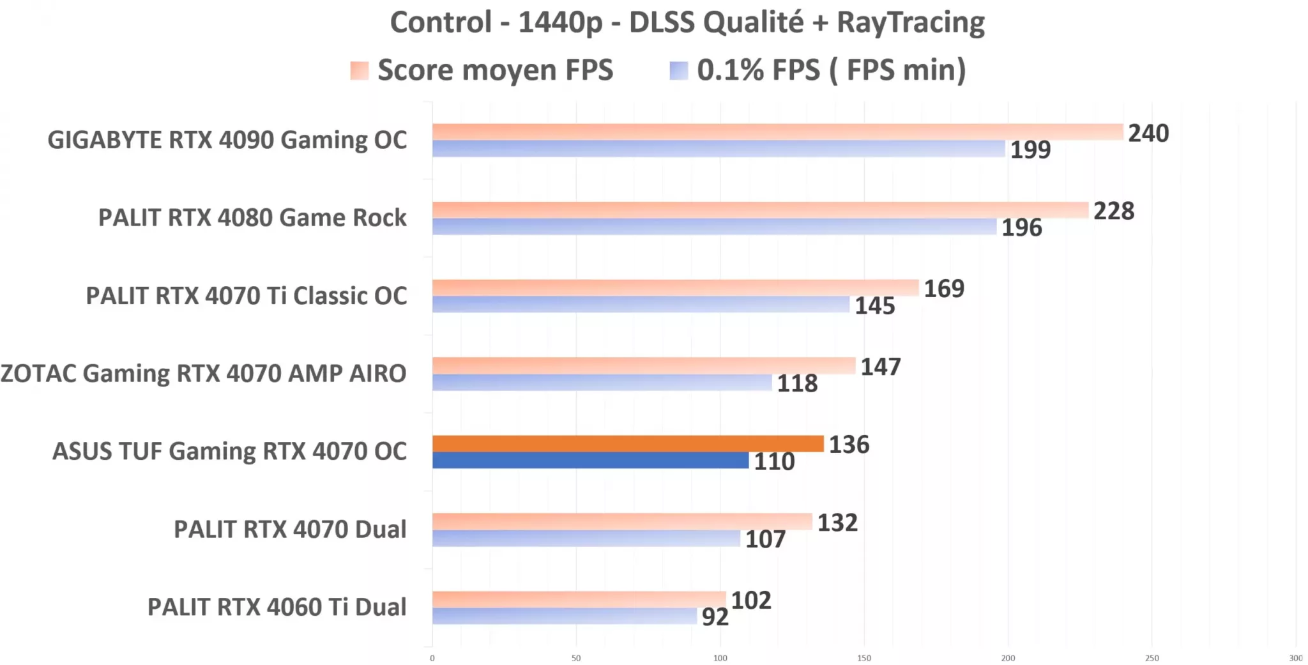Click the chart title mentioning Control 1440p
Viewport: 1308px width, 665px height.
(687, 22)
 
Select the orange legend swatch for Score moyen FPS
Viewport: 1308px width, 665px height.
(360, 70)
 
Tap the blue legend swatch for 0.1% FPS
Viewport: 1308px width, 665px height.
(678, 70)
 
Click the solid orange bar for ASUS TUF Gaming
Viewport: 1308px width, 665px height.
(628, 443)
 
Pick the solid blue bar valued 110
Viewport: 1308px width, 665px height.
(590, 461)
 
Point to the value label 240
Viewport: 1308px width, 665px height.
(1148, 133)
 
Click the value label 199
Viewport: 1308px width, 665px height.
(1030, 149)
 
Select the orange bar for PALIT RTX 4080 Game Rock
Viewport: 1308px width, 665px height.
(760, 210)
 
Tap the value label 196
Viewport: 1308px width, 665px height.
(1021, 227)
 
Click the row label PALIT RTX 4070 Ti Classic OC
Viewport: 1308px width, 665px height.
(246, 296)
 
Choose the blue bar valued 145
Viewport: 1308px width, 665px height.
(641, 305)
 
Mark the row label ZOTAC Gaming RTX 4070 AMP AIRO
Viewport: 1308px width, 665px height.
(203, 374)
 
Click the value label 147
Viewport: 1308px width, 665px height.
(880, 367)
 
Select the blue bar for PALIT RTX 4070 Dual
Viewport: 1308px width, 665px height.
(586, 539)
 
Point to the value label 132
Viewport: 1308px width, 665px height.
(837, 523)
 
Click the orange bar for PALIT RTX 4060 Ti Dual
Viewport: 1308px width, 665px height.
(579, 599)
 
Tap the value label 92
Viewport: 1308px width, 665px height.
(715, 617)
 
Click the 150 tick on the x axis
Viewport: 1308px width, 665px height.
(863, 658)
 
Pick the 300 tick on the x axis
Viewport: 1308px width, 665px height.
(1295, 658)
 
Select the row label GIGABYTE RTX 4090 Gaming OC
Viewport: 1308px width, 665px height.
(227, 140)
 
